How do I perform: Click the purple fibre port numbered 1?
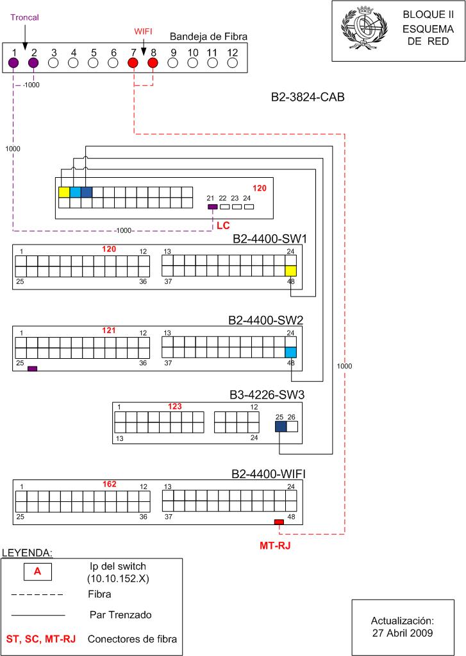[13, 63]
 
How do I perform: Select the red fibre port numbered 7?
[133, 63]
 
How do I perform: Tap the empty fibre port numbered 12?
[233, 63]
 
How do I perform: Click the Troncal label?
[24, 17]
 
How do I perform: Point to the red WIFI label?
[144, 31]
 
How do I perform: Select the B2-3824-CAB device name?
[308, 97]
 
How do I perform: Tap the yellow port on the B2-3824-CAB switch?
[64, 192]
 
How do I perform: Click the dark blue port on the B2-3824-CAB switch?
[87, 192]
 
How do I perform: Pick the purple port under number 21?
[212, 207]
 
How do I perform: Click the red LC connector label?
[223, 225]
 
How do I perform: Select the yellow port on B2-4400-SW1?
[291, 271]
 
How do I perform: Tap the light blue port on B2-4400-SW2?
[291, 352]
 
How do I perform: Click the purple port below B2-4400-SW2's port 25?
[32, 368]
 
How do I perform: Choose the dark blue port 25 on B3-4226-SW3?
[281, 426]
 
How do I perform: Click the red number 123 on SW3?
[175, 406]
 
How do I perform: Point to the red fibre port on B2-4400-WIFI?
[279, 522]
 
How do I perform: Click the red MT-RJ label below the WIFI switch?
[275, 546]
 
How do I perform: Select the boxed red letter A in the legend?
[38, 571]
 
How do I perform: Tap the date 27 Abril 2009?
[403, 633]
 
